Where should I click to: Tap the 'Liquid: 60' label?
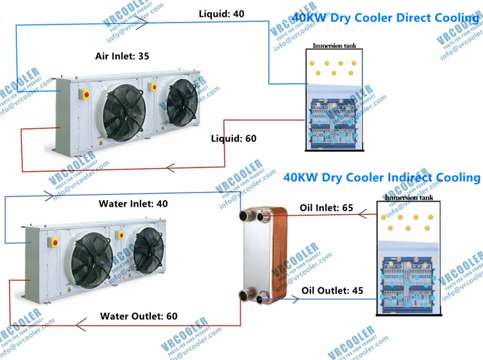234,138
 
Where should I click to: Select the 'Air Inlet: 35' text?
122,56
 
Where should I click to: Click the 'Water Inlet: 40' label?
133,204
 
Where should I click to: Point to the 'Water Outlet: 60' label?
138,316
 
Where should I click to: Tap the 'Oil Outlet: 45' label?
332,290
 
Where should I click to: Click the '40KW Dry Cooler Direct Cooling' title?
386,17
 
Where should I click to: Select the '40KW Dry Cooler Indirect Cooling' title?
382,177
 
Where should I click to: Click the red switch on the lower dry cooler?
55,243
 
